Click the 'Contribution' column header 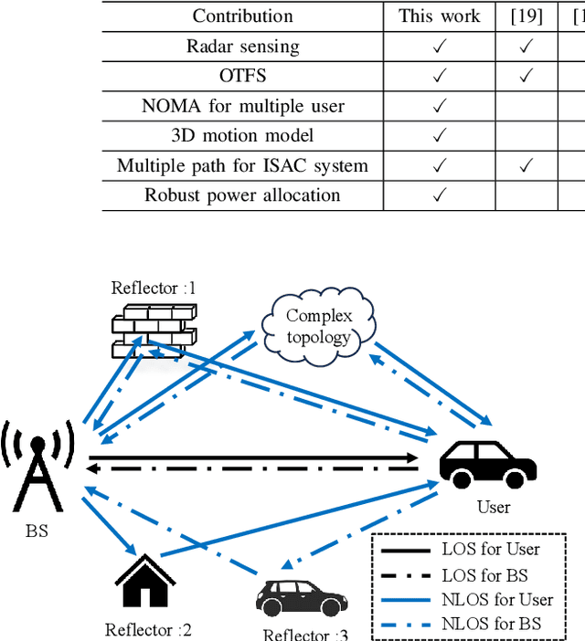(x=242, y=16)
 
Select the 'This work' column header (x=439, y=16)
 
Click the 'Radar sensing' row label (x=242, y=46)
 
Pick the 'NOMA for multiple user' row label (x=242, y=106)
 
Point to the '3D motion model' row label (x=242, y=135)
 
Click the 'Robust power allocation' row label (x=242, y=194)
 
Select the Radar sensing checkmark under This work (x=439, y=46)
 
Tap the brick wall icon (x=154, y=330)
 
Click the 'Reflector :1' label (x=154, y=289)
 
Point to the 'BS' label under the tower (x=37, y=529)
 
